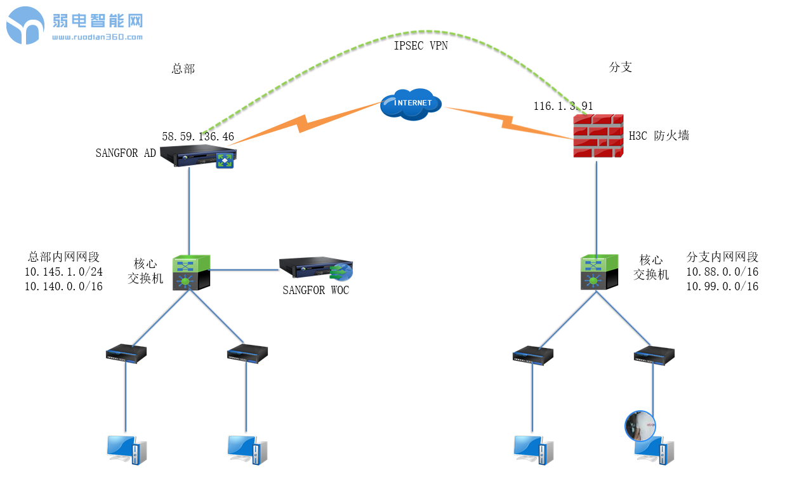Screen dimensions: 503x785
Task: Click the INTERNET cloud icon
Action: pyautogui.click(x=411, y=104)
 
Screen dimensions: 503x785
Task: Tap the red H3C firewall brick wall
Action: pyautogui.click(x=597, y=137)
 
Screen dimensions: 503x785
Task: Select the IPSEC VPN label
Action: pyautogui.click(x=421, y=46)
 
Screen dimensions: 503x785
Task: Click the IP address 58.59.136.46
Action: pyautogui.click(x=198, y=137)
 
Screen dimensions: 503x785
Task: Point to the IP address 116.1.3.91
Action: pyautogui.click(x=563, y=106)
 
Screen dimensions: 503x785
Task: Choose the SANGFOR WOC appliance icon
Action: pyautogui.click(x=315, y=269)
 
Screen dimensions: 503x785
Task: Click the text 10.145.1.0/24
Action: pyautogui.click(x=63, y=272)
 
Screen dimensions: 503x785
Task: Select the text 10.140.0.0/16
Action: pyautogui.click(x=63, y=286)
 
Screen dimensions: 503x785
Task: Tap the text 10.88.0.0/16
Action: pyautogui.click(x=722, y=272)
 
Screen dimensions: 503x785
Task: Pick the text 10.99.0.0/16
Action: pyautogui.click(x=722, y=286)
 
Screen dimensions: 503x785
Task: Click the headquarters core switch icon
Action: pyautogui.click(x=190, y=272)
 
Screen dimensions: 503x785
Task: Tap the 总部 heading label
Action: pyautogui.click(x=183, y=69)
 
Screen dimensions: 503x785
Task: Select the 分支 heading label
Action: pyautogui.click(x=620, y=67)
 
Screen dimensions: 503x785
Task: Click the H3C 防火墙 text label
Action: pyautogui.click(x=659, y=135)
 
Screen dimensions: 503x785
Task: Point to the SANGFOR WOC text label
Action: pyautogui.click(x=315, y=291)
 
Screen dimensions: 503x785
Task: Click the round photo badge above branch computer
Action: pyautogui.click(x=640, y=426)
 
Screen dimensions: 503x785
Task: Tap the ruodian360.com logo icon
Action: pyautogui.click(x=25, y=25)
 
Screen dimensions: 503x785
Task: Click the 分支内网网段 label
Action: pyautogui.click(x=722, y=257)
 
